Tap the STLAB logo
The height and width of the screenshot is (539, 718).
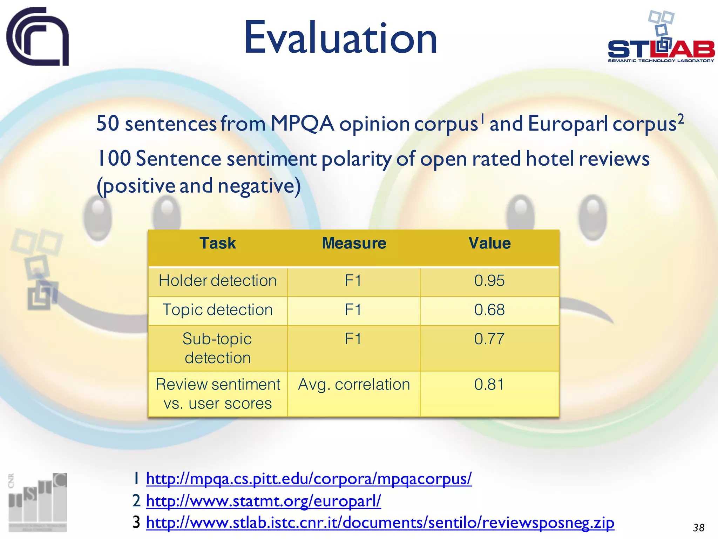[661, 39]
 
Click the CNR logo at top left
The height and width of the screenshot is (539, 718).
[38, 36]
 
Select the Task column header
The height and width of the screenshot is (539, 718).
[218, 244]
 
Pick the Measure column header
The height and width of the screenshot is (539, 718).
[354, 244]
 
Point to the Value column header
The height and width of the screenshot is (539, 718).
[490, 244]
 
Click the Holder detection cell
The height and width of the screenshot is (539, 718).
[218, 281]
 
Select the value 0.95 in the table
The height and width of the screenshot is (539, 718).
[489, 281]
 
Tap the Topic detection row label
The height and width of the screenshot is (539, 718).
[218, 310]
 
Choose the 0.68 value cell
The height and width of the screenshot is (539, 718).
[489, 310]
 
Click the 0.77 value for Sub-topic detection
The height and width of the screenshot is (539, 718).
[489, 339]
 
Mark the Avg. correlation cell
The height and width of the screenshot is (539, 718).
[354, 385]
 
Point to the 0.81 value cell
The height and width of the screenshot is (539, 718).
[489, 385]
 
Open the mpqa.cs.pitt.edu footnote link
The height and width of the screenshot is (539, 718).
[309, 479]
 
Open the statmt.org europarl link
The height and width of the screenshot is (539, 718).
[263, 501]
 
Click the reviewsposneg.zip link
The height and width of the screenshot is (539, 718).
[380, 523]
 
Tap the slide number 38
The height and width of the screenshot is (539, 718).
[699, 528]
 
